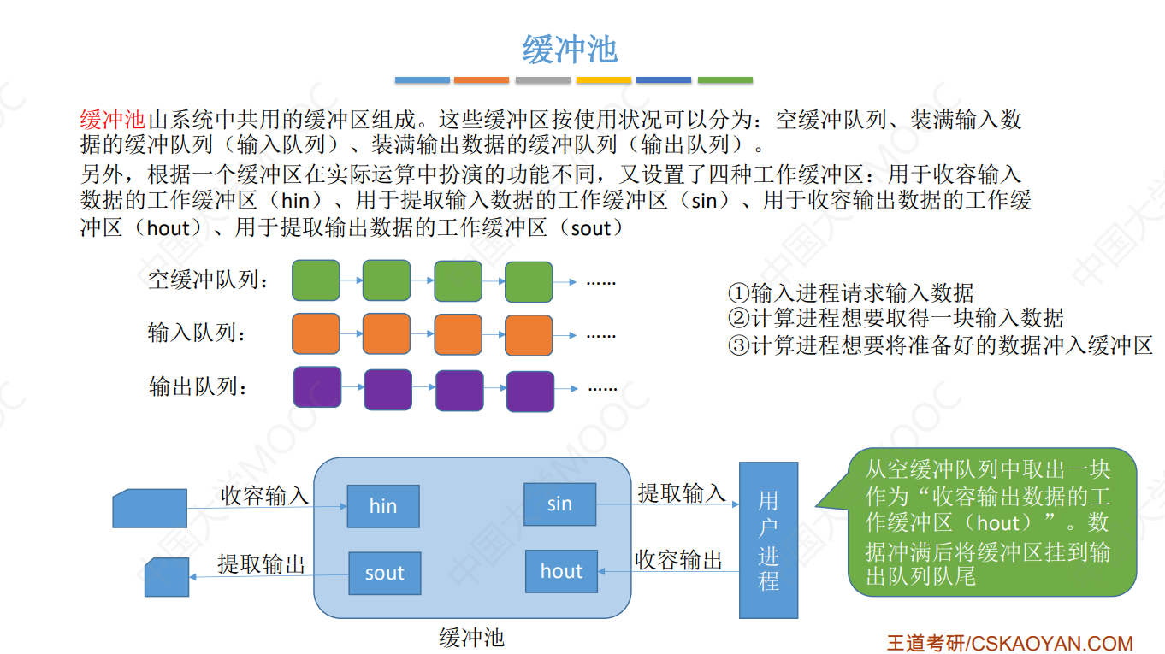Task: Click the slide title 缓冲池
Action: click(570, 50)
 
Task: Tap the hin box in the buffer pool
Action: click(383, 506)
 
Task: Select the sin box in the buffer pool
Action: click(559, 504)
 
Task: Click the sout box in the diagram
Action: click(384, 573)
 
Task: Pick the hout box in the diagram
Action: click(561, 571)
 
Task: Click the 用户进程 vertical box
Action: click(768, 540)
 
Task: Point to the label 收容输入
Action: click(264, 495)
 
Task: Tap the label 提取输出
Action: click(261, 563)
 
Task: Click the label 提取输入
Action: click(682, 492)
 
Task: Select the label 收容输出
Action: click(678, 560)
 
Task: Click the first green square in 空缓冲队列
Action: click(316, 280)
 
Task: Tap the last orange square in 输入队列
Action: click(529, 335)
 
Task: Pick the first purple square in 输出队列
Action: click(316, 387)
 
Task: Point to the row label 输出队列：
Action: click(198, 386)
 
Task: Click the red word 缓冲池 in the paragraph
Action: click(113, 120)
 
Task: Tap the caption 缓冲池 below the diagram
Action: click(471, 637)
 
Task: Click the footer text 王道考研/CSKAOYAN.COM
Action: click(1009, 643)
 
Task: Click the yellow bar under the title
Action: click(604, 80)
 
